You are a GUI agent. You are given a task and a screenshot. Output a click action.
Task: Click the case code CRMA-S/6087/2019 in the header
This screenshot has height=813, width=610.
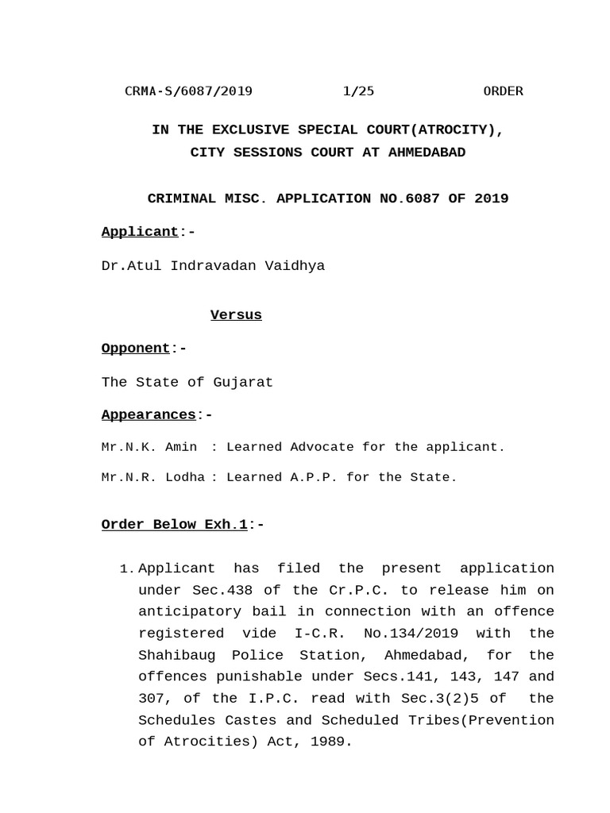pos(188,91)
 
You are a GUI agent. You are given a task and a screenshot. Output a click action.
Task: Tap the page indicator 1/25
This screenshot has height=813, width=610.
pos(358,91)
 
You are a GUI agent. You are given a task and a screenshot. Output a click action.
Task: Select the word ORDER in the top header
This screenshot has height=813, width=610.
pos(503,91)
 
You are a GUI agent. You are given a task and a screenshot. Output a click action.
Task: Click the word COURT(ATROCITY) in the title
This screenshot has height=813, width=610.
pos(438,130)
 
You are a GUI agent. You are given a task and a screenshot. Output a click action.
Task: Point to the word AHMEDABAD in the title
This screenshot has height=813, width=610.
pos(427,152)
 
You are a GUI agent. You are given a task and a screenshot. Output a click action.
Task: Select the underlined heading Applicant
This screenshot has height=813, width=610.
pos(140,232)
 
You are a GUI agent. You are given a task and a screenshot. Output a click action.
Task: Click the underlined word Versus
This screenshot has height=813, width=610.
pos(236,315)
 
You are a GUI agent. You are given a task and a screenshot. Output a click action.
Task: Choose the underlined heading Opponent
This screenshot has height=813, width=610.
pos(136,349)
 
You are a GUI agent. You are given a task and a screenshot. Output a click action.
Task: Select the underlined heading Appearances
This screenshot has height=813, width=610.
pos(149,415)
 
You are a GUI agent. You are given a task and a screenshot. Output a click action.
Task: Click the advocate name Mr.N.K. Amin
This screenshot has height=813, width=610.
pos(149,447)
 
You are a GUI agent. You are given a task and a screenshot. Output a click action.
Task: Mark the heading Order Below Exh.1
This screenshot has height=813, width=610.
pos(175,525)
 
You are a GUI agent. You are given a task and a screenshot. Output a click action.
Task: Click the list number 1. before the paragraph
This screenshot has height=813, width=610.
pos(126,569)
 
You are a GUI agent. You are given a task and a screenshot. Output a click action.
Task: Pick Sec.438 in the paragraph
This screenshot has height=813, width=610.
pos(226,591)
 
